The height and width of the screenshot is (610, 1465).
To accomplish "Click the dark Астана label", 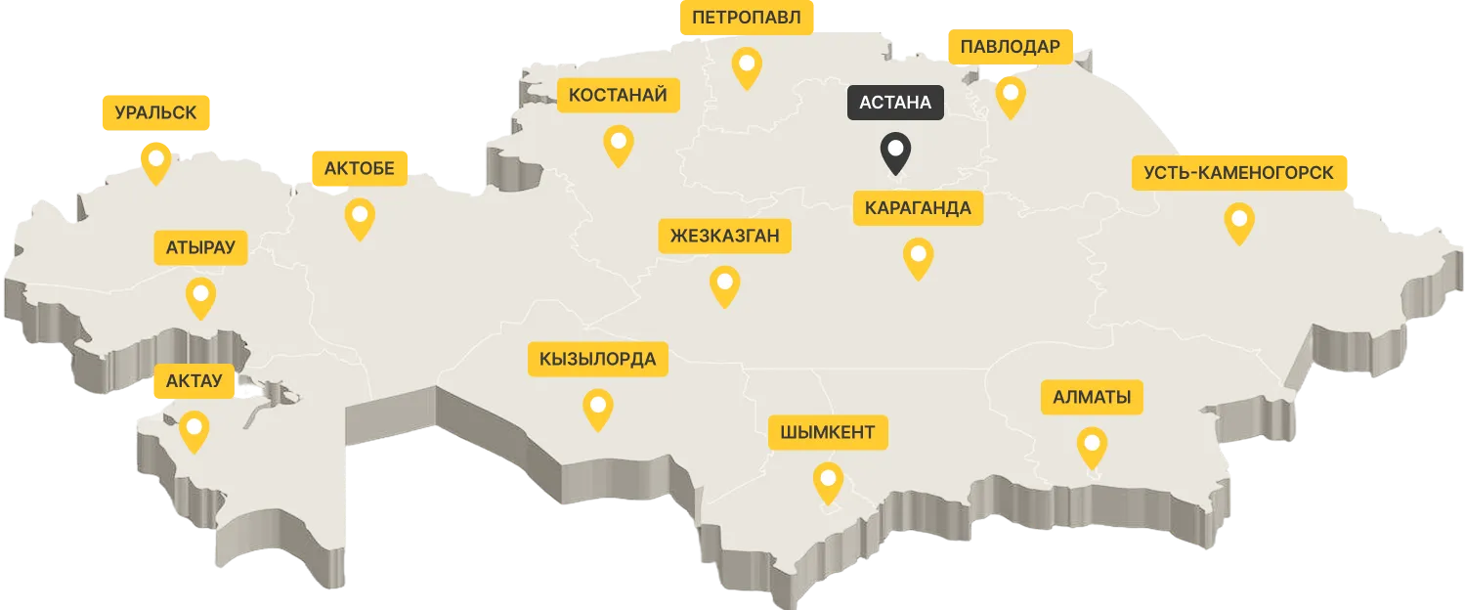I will [x=895, y=102].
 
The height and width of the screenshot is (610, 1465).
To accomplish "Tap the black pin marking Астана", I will [x=895, y=152].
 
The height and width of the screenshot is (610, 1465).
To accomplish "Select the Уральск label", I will [x=155, y=113].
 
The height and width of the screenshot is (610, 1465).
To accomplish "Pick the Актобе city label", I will [x=359, y=169].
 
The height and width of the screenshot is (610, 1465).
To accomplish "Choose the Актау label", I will [x=194, y=380].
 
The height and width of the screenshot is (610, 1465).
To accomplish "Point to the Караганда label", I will [x=918, y=208].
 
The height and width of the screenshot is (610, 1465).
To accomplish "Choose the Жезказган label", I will [x=724, y=236].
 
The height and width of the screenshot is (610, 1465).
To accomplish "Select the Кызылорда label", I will [x=597, y=359].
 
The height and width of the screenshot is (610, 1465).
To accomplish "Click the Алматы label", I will [x=1092, y=398].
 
